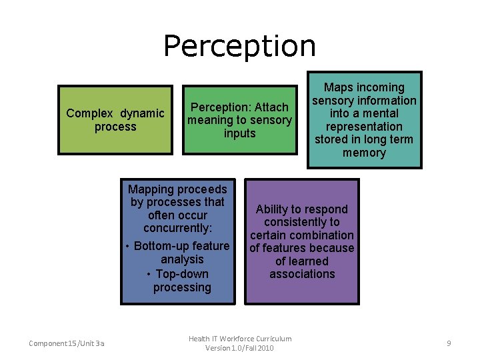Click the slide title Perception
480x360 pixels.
pos(239,46)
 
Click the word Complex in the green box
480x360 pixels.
pos(89,113)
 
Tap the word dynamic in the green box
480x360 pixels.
pos(142,113)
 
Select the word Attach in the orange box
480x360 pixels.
pos(273,107)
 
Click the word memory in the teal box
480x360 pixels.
pos(364,153)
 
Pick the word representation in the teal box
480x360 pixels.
pos(364,127)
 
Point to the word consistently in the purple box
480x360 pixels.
pos(301,222)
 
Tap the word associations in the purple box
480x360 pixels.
pos(302,274)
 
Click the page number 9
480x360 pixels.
pos(449,343)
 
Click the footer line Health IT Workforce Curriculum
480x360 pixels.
pos(240,339)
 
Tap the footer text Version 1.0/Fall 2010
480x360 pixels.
pos(240,349)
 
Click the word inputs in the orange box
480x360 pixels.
pos(240,133)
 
